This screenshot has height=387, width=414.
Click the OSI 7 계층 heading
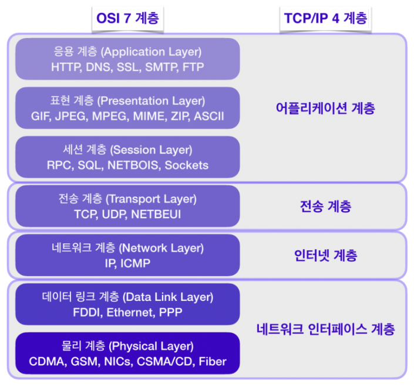tap(128, 18)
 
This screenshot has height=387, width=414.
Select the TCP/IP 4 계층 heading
tap(325, 18)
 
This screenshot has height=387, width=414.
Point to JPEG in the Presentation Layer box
tap(71, 116)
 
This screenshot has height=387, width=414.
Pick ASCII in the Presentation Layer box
tap(209, 116)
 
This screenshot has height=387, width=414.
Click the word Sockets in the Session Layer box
tap(186, 165)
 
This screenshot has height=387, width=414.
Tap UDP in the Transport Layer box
tap(114, 215)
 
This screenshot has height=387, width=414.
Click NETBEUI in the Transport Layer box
tap(156, 215)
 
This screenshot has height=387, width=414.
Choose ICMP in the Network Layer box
tap(136, 263)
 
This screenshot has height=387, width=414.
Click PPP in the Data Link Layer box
tap(170, 313)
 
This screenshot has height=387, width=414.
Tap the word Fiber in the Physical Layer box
tap(213, 361)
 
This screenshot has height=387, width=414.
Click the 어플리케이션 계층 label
tap(325, 108)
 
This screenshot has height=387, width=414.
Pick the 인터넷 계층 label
tap(325, 256)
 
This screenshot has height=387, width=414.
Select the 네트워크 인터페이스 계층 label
tap(325, 330)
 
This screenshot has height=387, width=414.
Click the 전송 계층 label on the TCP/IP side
tap(325, 206)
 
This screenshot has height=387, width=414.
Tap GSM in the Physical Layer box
tap(85, 361)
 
